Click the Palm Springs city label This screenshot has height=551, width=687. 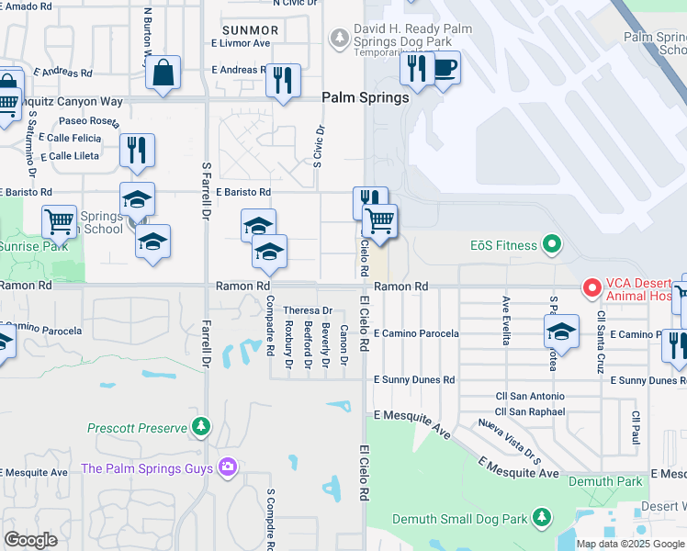365,97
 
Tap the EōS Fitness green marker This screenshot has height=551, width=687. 551,244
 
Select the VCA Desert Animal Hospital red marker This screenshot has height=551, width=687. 591,288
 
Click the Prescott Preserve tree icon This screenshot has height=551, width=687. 200,427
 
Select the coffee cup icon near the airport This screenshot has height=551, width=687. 445,67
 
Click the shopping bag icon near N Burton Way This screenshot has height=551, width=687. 163,73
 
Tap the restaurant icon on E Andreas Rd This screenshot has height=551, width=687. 283,79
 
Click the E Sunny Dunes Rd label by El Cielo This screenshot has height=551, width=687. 414,379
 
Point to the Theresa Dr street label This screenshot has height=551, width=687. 307,311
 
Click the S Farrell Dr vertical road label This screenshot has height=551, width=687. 206,191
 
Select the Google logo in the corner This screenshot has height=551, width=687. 30,540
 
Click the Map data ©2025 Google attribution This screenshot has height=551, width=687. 630,544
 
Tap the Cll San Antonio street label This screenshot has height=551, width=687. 530,396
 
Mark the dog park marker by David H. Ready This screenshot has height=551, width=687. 341,37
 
